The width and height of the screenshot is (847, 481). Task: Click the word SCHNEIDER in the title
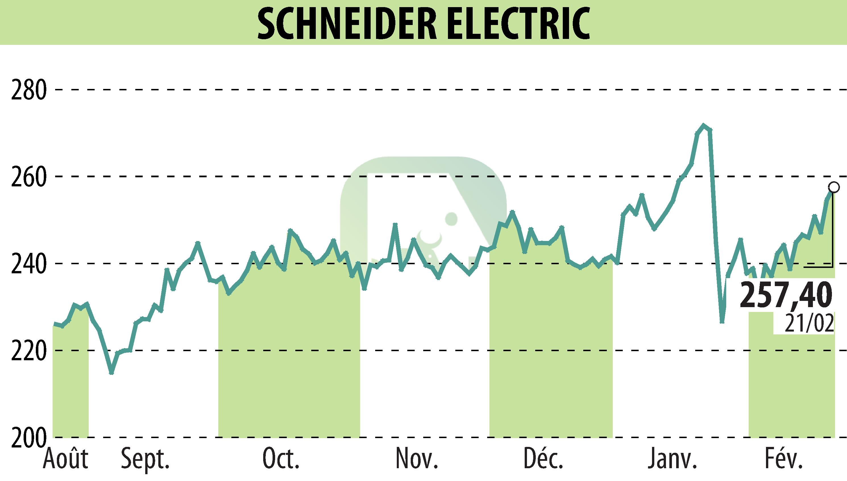point(347,24)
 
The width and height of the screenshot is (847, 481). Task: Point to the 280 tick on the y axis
point(28,89)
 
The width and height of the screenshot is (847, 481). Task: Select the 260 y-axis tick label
point(28,177)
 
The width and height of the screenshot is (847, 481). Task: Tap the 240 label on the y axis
point(28,264)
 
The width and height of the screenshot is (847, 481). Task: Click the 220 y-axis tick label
point(28,351)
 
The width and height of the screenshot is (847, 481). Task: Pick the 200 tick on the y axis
point(28,438)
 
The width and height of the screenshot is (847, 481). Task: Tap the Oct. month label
point(281,459)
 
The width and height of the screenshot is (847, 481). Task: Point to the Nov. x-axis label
point(417,459)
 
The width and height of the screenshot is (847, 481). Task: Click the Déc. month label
point(544,459)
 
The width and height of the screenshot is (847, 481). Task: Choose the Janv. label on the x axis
point(672,459)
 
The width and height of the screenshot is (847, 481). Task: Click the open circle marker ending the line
point(834,187)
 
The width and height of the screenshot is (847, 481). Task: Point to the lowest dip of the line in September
point(111,373)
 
